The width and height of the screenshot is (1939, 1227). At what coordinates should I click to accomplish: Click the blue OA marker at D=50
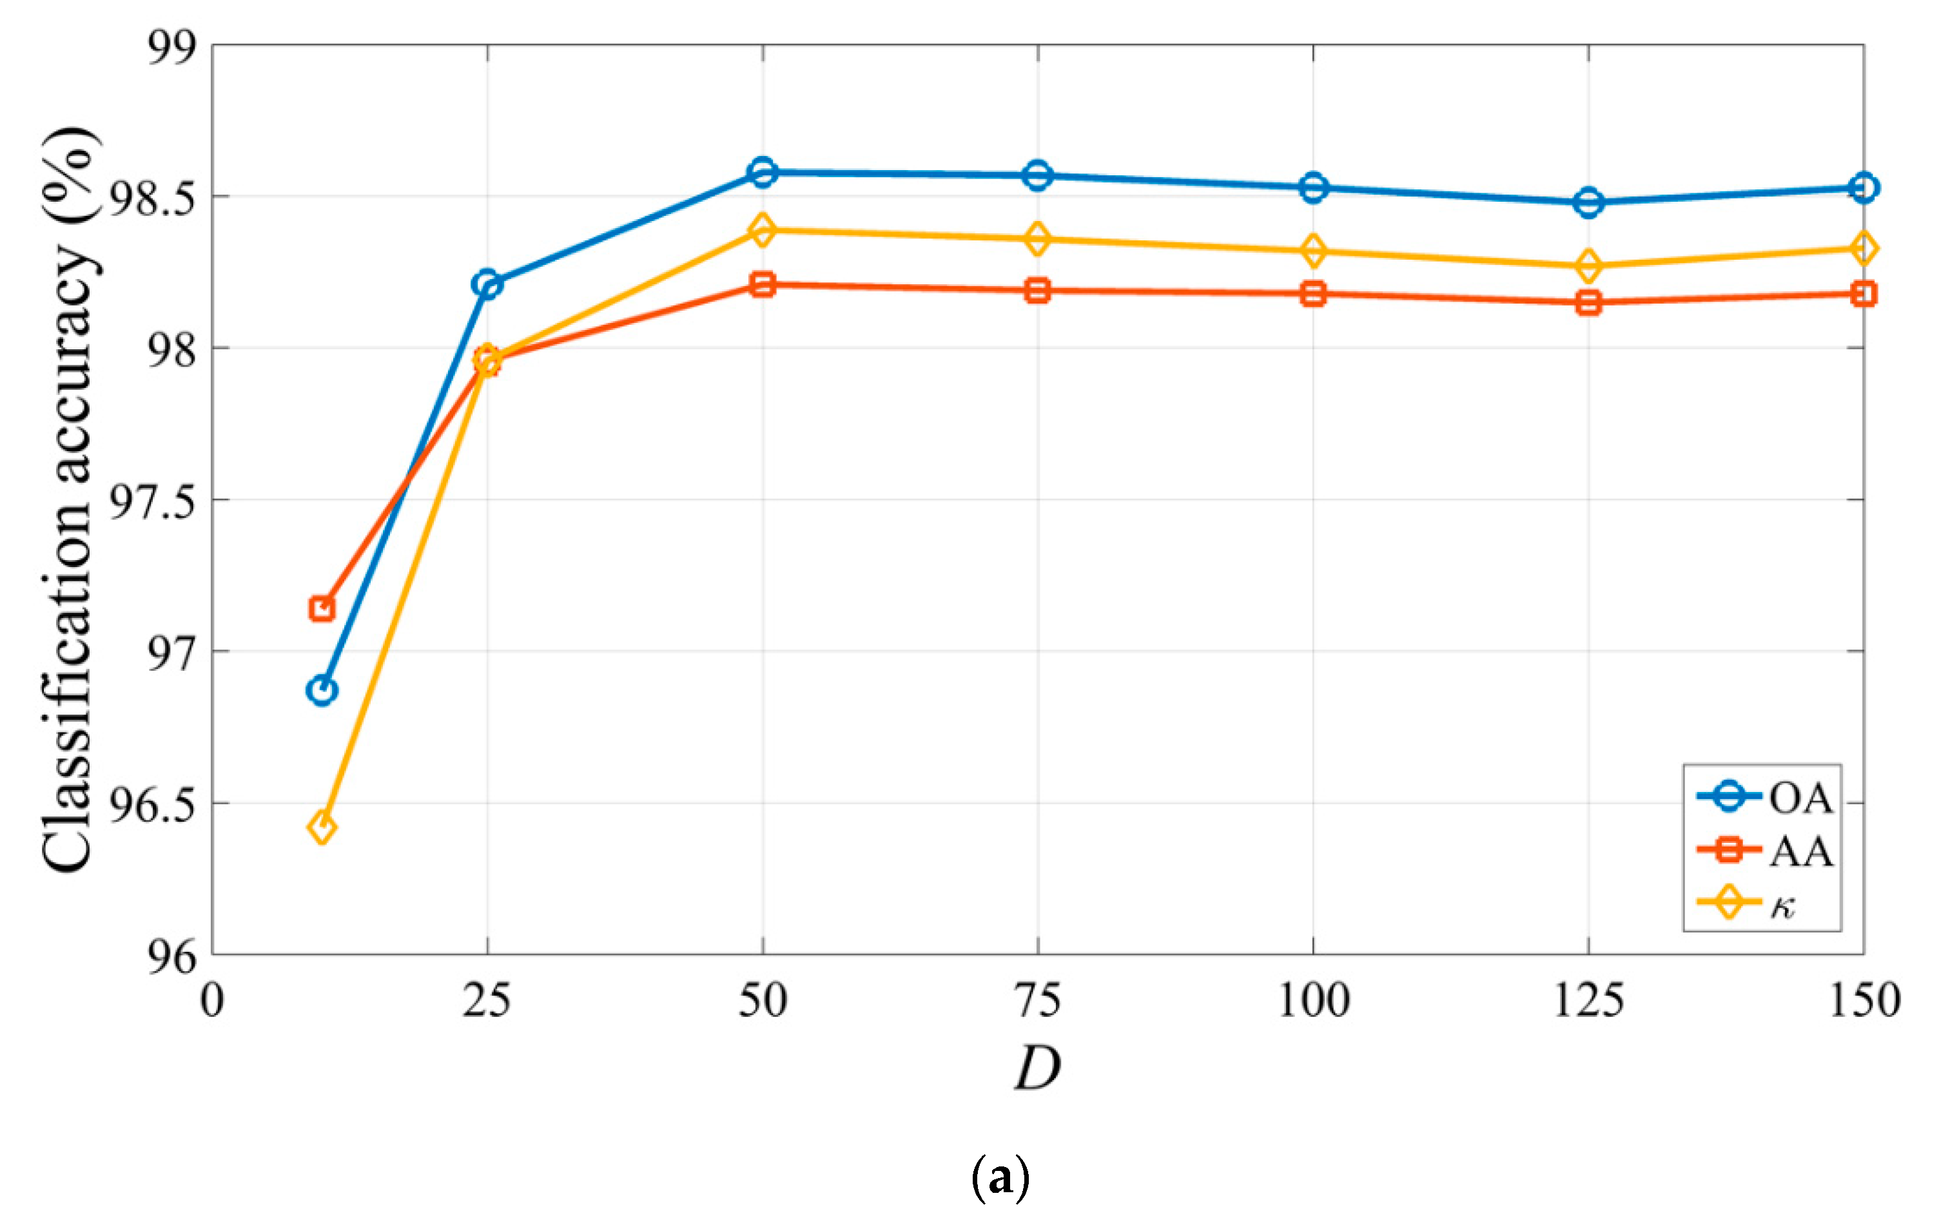pyautogui.click(x=762, y=172)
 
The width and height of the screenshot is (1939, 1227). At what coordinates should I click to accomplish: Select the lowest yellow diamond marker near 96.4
pyautogui.click(x=322, y=827)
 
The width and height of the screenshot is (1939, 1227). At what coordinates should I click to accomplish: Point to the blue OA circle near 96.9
pyautogui.click(x=322, y=690)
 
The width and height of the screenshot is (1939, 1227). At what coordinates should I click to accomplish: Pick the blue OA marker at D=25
pyautogui.click(x=487, y=284)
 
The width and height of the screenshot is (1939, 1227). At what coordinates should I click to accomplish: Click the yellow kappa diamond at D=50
pyautogui.click(x=762, y=230)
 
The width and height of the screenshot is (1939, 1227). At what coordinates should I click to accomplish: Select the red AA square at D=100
pyautogui.click(x=1313, y=293)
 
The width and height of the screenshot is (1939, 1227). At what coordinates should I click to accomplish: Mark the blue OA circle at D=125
pyautogui.click(x=1589, y=202)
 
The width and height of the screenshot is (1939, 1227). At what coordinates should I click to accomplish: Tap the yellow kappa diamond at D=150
pyautogui.click(x=1864, y=248)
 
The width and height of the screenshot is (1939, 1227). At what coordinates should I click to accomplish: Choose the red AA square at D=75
pyautogui.click(x=1038, y=290)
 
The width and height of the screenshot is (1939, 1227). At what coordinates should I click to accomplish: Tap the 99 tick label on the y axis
pyautogui.click(x=171, y=46)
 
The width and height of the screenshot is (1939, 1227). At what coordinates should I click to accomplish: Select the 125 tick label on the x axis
pyautogui.click(x=1589, y=1001)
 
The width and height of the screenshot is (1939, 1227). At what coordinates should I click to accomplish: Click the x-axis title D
pyautogui.click(x=1038, y=1068)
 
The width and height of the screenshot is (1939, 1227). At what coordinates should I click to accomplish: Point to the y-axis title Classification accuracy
pyautogui.click(x=71, y=499)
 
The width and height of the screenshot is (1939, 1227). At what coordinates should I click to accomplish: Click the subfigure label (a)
pyautogui.click(x=1000, y=1179)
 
